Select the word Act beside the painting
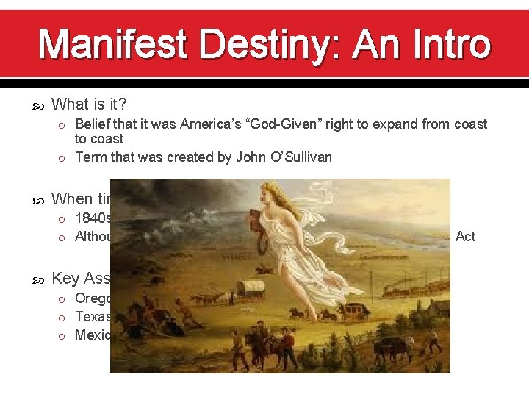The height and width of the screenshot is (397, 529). (465, 236)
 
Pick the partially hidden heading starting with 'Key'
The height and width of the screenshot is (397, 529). (81, 278)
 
